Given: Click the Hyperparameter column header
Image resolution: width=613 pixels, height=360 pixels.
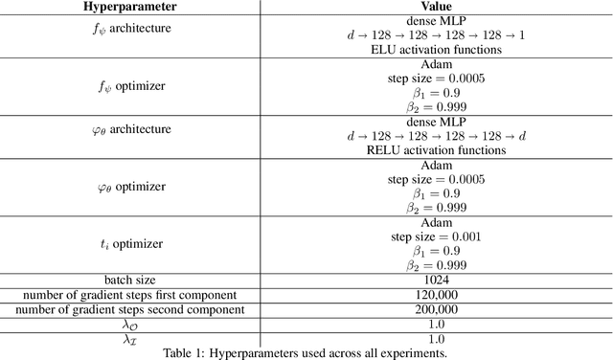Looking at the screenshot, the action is pyautogui.click(x=129, y=8).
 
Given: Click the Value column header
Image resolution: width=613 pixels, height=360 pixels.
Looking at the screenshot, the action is pyautogui.click(x=436, y=8).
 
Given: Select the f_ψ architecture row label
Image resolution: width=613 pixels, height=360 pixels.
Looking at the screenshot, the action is pyautogui.click(x=129, y=28).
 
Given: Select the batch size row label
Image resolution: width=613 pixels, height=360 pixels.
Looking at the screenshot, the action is pyautogui.click(x=129, y=281).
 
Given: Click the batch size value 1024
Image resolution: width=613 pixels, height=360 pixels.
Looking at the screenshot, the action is pyautogui.click(x=436, y=281).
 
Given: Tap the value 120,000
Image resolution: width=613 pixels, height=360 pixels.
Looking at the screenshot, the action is pyautogui.click(x=436, y=295).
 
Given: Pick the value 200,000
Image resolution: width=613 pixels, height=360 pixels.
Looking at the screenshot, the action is pyautogui.click(x=436, y=309).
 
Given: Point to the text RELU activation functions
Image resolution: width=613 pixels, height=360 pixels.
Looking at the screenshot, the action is pyautogui.click(x=436, y=149).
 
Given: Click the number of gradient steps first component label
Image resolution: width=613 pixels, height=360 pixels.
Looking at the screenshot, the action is pyautogui.click(x=129, y=295).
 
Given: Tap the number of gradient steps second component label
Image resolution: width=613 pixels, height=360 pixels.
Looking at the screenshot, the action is pyautogui.click(x=129, y=309).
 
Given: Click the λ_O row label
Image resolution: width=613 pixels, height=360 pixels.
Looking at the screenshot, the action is pyautogui.click(x=129, y=324).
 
